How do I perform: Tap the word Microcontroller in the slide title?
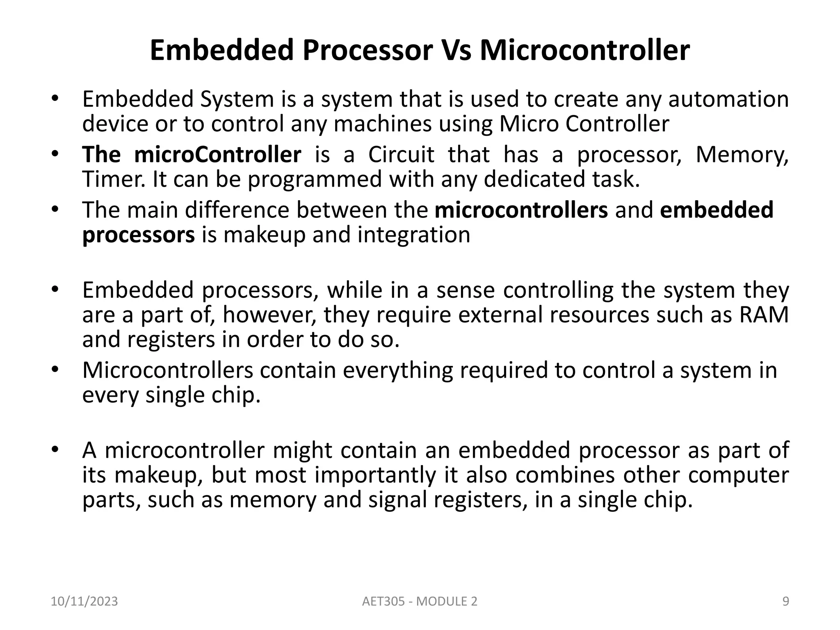pos(585,50)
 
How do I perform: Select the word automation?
pos(728,99)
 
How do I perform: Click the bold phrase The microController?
pos(192,155)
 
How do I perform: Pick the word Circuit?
pos(401,155)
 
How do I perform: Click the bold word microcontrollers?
pos(521,210)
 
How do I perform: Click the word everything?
pos(398,370)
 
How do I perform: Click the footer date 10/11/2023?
pos(84,601)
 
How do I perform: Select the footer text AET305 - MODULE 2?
pos(420,601)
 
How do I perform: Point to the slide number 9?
pos(785,601)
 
